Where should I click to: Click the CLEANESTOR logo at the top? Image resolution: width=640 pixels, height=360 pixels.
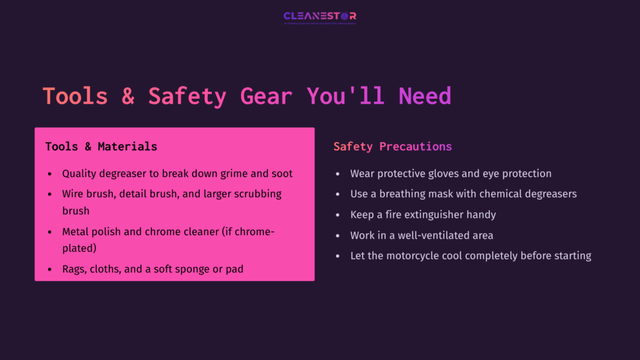319,17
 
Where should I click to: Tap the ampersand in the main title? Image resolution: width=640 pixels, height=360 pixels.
128,96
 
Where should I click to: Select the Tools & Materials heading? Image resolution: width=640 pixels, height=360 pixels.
101,146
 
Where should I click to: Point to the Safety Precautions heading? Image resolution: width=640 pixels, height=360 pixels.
392,146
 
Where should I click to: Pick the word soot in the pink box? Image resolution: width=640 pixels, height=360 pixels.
281,173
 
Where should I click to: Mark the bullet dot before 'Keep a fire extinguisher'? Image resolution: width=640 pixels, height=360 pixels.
338,214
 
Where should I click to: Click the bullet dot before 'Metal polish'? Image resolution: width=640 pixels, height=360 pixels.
50,232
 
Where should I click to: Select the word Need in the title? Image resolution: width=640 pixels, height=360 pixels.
425,96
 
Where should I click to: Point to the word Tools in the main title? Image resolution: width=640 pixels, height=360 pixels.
75,96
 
